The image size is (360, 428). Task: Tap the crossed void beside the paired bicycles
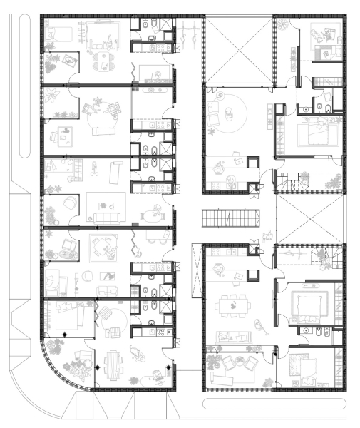pyautogui.click(x=238, y=50)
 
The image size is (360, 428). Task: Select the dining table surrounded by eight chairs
pyautogui.click(x=232, y=305)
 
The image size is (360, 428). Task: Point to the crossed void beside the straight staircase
pyautogui.click(x=311, y=218)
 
